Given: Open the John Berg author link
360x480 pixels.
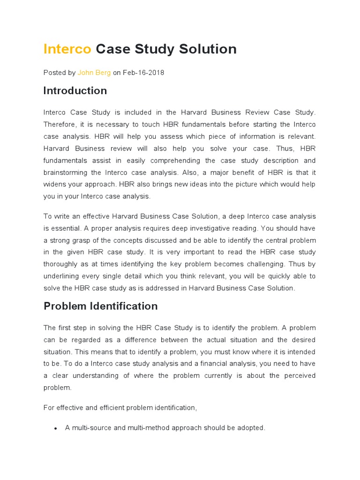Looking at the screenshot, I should (94, 73).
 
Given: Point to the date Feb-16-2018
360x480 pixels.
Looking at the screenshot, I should (143, 73).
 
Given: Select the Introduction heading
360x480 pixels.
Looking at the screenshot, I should (75, 90).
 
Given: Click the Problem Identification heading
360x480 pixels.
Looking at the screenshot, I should (100, 306).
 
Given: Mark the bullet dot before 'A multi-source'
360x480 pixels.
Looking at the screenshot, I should (56, 428).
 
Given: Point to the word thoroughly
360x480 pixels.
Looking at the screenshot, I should (63, 264).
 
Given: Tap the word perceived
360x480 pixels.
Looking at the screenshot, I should (299, 375).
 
